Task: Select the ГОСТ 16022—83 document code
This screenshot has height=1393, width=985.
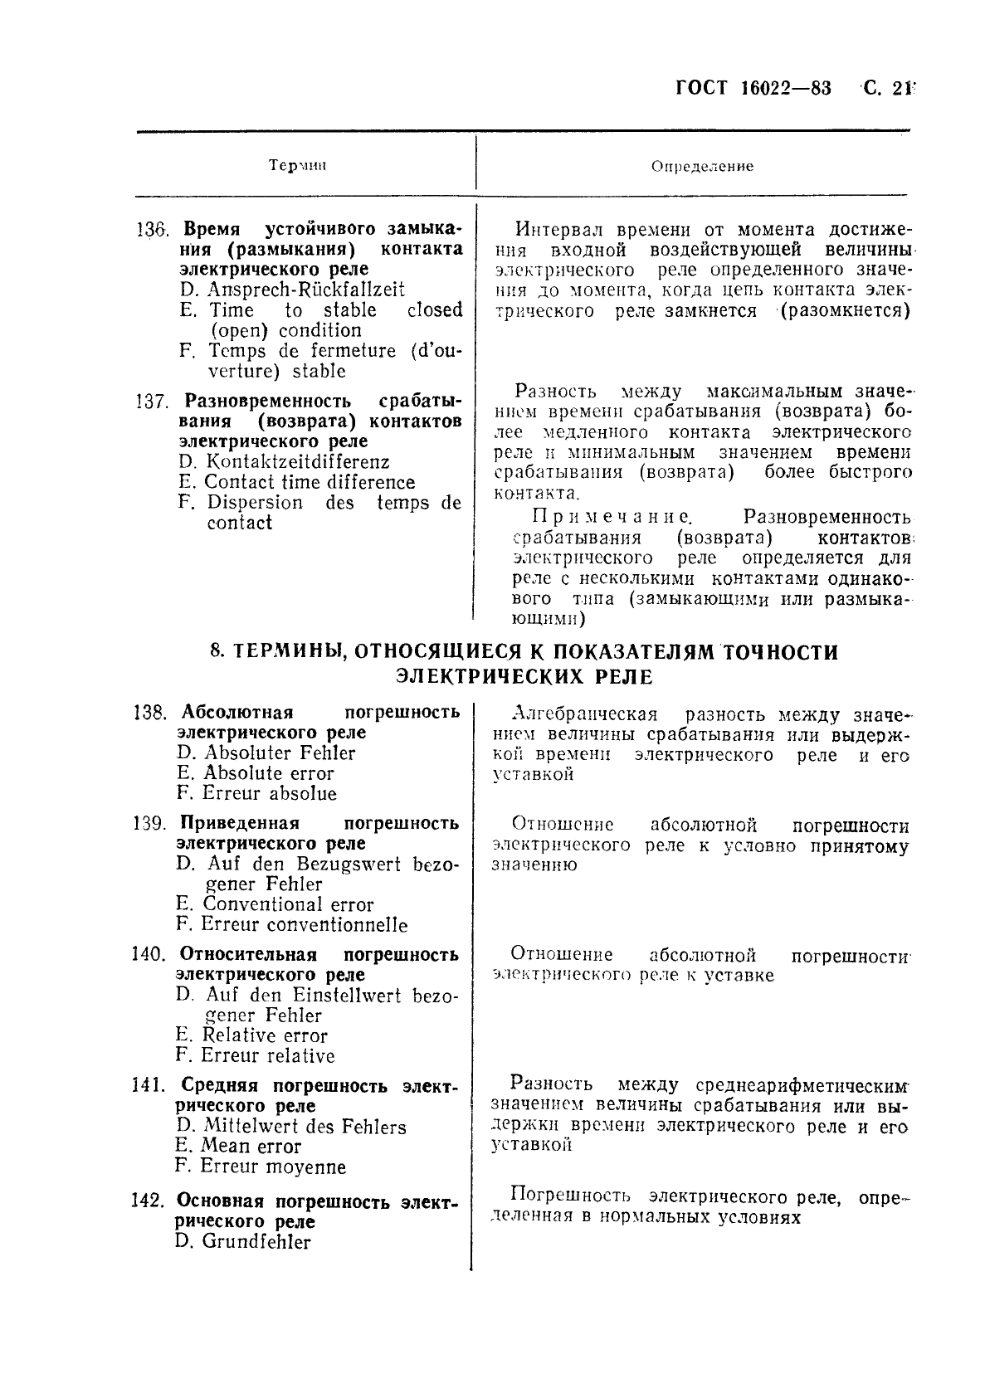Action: [x=754, y=89]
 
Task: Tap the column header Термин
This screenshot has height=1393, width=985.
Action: [x=299, y=165]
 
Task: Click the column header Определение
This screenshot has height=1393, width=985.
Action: [x=702, y=166]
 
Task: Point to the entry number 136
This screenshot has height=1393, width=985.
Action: [x=152, y=229]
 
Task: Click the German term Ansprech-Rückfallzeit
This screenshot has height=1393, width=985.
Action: [x=305, y=290]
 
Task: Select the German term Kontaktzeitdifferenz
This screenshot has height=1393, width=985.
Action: [x=297, y=462]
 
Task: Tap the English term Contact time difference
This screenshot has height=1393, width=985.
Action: [x=309, y=483]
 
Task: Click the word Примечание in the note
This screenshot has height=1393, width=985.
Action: [x=610, y=518]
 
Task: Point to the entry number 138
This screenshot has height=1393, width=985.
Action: [x=151, y=713]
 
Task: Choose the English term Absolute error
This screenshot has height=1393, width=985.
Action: [x=268, y=774]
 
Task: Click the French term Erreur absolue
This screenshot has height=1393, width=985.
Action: [x=268, y=794]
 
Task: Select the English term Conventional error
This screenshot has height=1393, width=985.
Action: [x=288, y=905]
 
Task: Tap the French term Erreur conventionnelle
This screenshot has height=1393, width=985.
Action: [x=304, y=925]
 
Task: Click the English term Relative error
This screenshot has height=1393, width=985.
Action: [x=265, y=1036]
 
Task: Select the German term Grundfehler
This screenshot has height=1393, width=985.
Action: [x=256, y=1243]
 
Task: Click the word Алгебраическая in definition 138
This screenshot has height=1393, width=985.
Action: [x=585, y=714]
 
